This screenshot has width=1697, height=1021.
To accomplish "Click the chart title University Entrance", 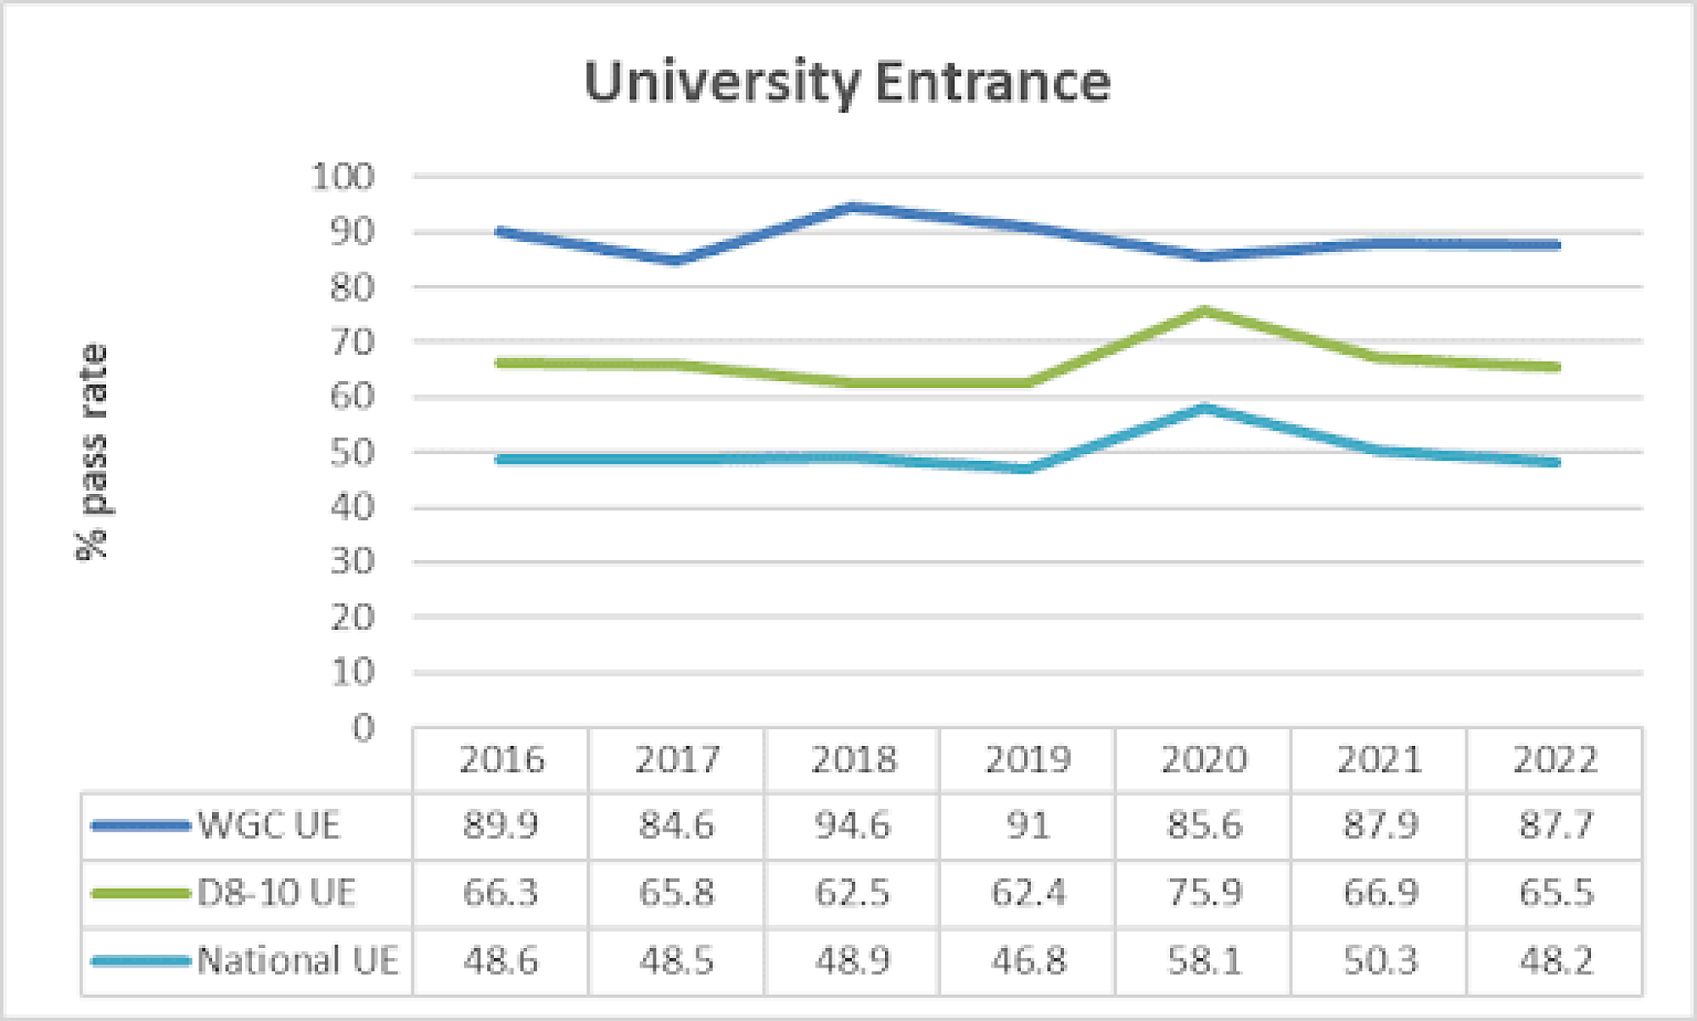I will click(847, 82).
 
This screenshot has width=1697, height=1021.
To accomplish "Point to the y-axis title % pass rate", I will click(92, 452).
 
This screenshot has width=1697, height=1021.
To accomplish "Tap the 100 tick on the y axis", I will click(343, 177).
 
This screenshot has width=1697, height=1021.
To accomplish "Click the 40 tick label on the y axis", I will click(351, 507).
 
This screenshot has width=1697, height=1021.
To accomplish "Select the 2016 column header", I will click(501, 759).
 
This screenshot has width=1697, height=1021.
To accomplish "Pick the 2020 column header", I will click(1204, 759).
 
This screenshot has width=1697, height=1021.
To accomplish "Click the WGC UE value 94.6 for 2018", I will click(853, 825).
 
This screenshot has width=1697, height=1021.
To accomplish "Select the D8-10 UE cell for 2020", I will click(1204, 893).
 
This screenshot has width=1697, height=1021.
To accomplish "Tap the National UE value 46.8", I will click(1028, 961).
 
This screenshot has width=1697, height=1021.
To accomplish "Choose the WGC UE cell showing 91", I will click(1028, 825).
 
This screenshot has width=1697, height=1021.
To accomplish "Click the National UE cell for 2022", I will click(1555, 961).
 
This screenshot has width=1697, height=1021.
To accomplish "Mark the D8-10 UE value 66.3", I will click(501, 893).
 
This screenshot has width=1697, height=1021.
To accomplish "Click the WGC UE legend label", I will click(269, 825).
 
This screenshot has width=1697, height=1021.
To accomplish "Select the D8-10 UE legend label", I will click(277, 893).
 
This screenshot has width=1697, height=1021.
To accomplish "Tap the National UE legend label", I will click(298, 961).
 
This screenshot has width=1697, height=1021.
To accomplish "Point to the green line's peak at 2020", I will click(1205, 311).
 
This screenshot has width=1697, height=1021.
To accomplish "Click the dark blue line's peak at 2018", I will click(853, 206).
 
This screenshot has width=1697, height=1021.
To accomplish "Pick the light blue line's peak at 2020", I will click(1205, 408).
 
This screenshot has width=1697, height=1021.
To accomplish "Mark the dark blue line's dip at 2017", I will click(676, 261).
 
